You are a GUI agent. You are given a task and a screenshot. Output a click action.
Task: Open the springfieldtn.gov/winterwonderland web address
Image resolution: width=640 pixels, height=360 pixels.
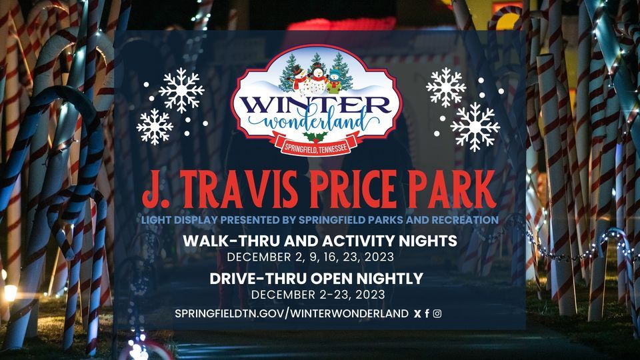click(291, 313)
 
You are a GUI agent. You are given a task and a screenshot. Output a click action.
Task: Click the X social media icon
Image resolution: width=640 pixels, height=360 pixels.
click(417, 313)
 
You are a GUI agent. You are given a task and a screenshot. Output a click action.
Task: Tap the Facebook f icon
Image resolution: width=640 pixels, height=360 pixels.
click(427, 313)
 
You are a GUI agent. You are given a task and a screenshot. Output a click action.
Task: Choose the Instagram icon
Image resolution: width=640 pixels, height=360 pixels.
click(437, 313)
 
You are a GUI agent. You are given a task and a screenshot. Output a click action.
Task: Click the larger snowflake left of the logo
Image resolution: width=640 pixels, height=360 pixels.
click(181, 90)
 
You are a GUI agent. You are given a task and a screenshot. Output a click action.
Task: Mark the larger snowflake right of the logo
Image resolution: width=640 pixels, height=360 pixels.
click(475, 127)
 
